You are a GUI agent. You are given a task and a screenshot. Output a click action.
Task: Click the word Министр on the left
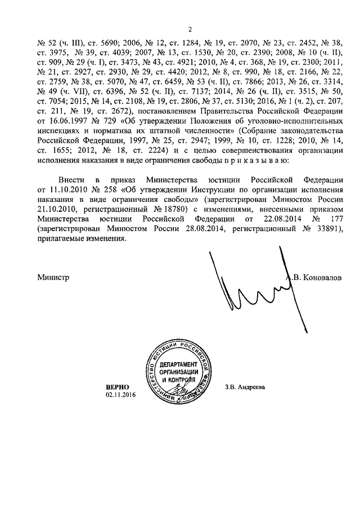tap(53, 277)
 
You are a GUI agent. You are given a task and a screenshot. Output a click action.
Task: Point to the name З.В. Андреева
tap(244, 388)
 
